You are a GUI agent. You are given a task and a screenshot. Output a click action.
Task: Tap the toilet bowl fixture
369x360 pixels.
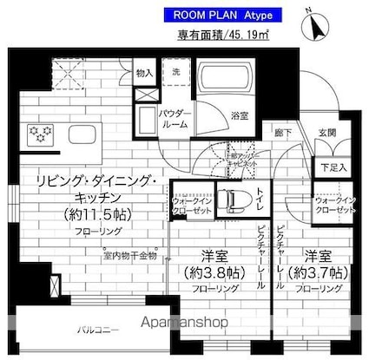pos(233,201)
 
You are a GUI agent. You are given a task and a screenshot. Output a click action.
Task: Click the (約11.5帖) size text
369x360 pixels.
pos(98,213)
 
